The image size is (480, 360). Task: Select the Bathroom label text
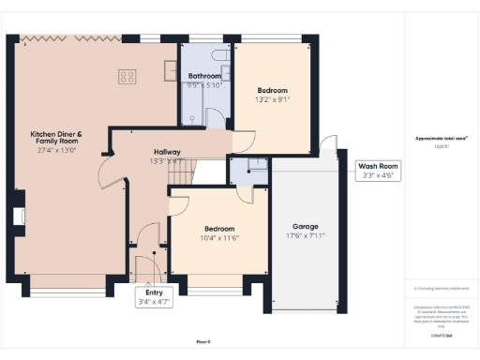click(x=203, y=75)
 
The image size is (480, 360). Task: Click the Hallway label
click(x=167, y=151)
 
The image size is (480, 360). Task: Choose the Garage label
click(x=305, y=226)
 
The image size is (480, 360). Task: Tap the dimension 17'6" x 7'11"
click(x=305, y=236)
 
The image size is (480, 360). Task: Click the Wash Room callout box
click(x=379, y=171)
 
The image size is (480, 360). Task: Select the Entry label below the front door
click(x=154, y=292)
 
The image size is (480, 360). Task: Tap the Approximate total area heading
click(x=441, y=139)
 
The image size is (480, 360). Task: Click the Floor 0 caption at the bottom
click(x=203, y=341)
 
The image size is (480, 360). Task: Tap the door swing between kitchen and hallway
click(x=105, y=169)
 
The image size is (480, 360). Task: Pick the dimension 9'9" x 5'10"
click(x=203, y=85)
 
